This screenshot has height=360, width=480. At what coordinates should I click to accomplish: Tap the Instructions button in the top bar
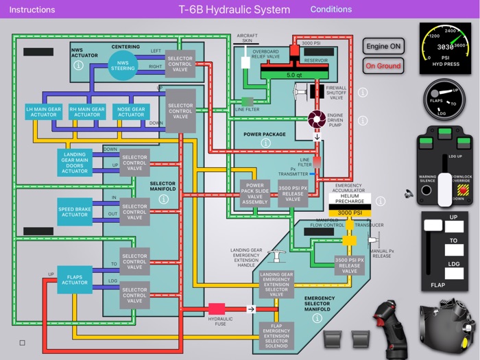click(32, 10)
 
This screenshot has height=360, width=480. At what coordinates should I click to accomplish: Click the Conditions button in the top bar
click(331, 10)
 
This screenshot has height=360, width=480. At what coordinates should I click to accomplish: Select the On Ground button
click(383, 66)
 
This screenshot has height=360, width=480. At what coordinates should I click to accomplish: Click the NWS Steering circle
click(123, 65)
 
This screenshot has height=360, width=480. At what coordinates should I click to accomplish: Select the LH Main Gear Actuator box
click(44, 112)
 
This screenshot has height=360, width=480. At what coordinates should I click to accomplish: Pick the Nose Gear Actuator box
click(131, 112)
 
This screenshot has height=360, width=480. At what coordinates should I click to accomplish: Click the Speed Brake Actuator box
click(74, 211)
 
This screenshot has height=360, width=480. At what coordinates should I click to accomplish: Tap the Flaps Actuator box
click(74, 279)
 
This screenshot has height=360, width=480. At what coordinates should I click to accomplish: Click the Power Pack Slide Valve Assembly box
click(254, 194)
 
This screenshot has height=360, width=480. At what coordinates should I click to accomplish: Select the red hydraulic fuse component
click(217, 309)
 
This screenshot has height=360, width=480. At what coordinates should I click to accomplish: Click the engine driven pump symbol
click(316, 119)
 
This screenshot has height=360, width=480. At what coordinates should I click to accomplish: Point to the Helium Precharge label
click(350, 200)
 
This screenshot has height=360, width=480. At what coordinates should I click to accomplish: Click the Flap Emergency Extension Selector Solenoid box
click(278, 336)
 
